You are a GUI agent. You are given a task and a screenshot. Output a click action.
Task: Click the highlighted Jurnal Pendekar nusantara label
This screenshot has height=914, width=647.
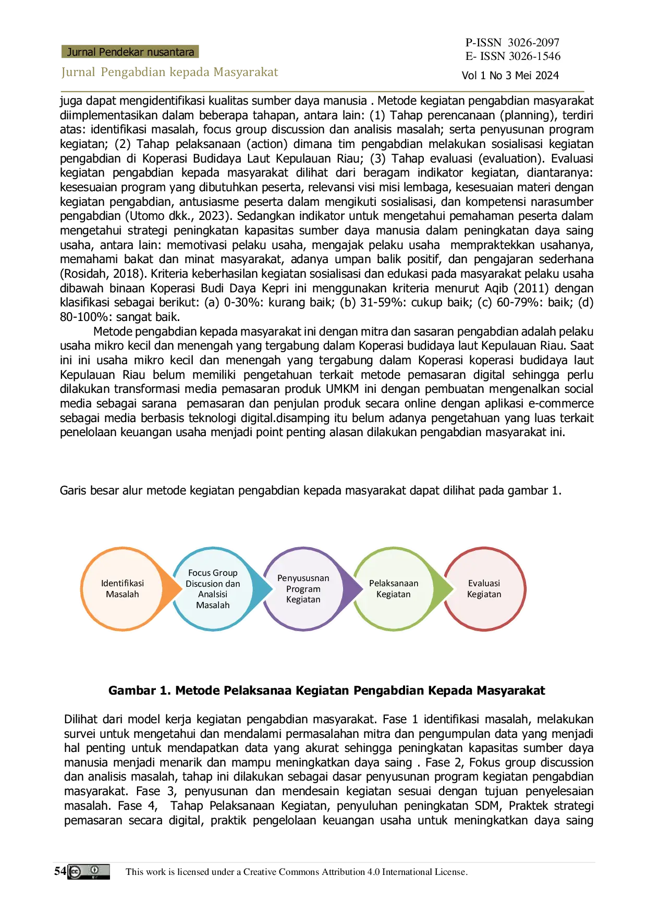pos(130,52)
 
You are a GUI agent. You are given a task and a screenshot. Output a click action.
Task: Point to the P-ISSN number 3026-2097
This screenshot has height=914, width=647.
pos(534,42)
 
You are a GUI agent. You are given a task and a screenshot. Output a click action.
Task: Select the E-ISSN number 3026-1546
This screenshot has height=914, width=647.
pos(535,56)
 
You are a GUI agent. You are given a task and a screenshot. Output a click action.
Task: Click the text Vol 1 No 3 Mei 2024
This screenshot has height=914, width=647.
pos(510,76)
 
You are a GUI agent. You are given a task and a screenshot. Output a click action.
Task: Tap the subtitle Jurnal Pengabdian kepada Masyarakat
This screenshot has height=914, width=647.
pos(170,72)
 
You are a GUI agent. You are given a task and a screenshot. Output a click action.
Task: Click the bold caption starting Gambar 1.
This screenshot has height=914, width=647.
pos(326,690)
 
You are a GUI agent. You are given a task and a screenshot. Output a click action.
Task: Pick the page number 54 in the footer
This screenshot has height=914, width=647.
pos(60,871)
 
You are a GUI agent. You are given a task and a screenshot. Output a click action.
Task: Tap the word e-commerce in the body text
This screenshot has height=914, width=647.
pos(561,404)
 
